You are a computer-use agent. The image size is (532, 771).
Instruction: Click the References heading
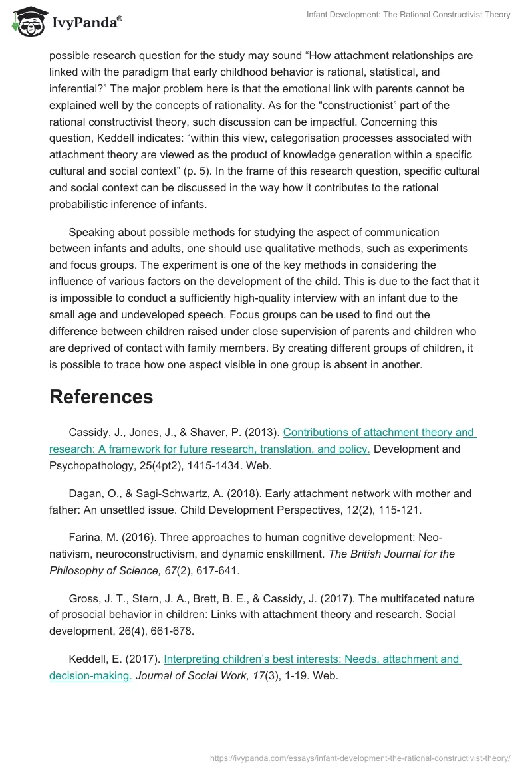pos(101,397)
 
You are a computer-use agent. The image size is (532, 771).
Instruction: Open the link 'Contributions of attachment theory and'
pos(378,433)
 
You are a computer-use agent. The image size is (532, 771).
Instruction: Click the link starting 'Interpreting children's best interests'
pos(311,659)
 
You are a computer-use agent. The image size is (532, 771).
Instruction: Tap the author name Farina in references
pos(85,537)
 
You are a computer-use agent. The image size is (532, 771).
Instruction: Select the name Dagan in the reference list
pos(85,493)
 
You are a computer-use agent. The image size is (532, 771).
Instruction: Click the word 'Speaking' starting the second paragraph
pos(92,232)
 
